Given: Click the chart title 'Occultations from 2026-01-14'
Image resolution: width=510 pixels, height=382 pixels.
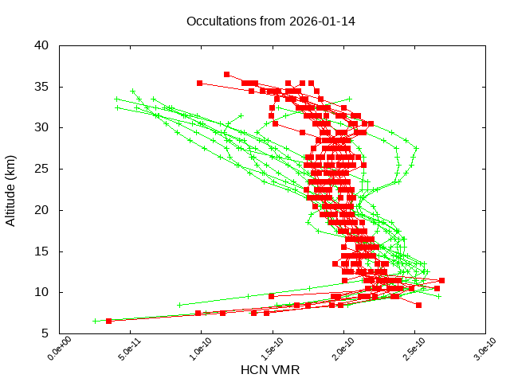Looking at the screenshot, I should [x=271, y=21].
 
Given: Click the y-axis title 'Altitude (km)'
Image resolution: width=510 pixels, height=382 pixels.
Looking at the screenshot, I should [x=11, y=189].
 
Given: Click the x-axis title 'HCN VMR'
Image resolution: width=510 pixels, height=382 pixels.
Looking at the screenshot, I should [x=270, y=370].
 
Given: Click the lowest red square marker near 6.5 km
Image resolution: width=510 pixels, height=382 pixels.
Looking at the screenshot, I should [x=109, y=321].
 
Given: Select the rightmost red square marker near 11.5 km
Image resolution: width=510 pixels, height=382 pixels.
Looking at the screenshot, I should [x=441, y=280].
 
